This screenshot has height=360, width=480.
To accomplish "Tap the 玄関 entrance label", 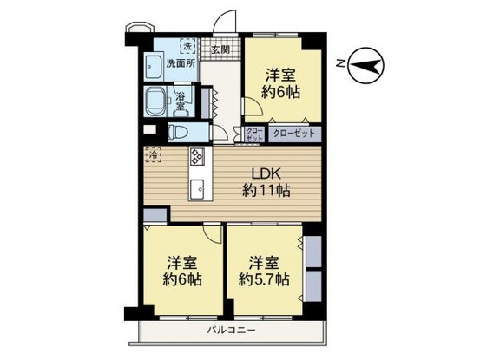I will point(220,50).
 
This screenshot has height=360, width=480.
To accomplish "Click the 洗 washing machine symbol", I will point(187,46).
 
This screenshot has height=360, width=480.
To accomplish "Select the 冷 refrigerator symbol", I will point(154,156).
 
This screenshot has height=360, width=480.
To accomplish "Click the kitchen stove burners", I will point(196,158).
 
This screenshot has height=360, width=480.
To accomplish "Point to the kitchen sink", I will point(196,187).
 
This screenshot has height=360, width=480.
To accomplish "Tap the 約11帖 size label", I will point(266,191).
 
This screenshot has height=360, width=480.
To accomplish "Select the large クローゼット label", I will point(294,134).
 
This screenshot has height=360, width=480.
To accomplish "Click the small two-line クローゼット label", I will point(253,134).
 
